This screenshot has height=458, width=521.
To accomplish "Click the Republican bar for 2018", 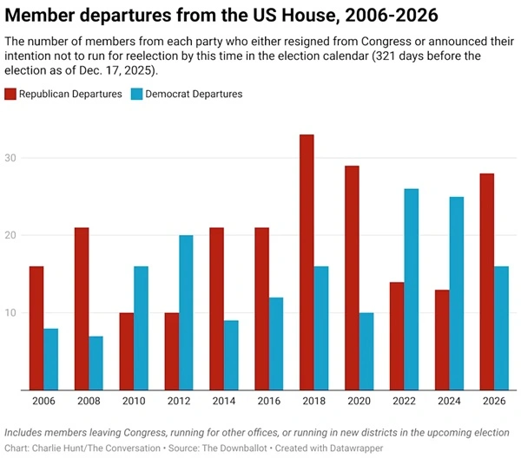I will (307, 262).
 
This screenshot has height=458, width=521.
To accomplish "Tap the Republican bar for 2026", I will (486, 282).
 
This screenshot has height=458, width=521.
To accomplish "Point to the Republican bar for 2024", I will (441, 340).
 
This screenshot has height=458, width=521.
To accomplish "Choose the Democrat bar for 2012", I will (187, 312).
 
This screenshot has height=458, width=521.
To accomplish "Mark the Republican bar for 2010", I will (126, 351).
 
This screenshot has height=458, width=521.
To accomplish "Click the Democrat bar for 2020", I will (367, 351).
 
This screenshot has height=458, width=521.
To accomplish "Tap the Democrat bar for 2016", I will (277, 343).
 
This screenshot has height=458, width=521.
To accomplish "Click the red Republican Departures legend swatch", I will (11, 94).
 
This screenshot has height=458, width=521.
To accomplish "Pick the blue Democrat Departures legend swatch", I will (138, 94).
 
